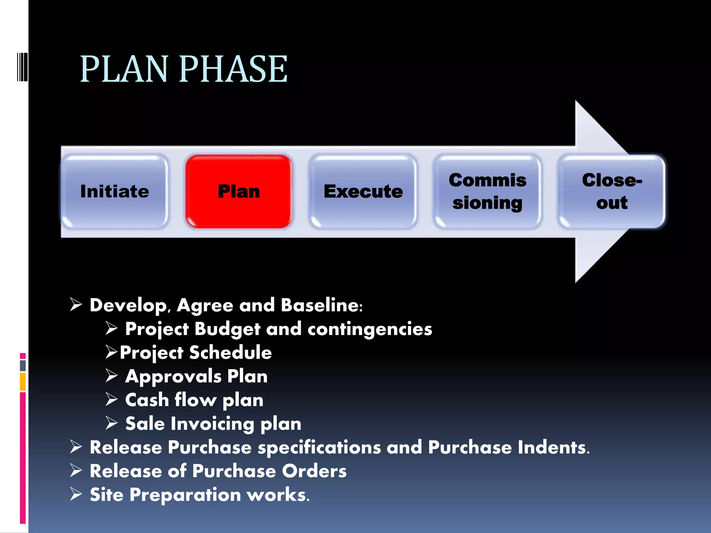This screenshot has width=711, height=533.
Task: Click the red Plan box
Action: click(x=239, y=191)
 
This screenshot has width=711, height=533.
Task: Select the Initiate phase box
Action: click(x=115, y=191)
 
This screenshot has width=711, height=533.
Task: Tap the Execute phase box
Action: click(x=363, y=191)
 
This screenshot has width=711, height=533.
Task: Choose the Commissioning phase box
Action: click(x=487, y=191)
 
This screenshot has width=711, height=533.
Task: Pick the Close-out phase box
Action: click(x=612, y=191)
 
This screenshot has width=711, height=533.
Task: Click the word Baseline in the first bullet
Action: click(x=321, y=305)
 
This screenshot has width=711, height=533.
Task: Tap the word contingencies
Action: click(x=369, y=329)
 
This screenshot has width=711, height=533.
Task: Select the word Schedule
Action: click(x=230, y=353)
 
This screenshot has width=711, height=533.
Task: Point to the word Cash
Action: click(x=147, y=400)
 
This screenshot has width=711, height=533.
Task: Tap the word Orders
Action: click(x=314, y=471)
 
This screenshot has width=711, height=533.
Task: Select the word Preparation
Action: click(x=185, y=495)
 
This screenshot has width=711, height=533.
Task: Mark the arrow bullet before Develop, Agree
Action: click(x=76, y=305)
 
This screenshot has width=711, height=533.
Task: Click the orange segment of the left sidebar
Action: click(x=23, y=381)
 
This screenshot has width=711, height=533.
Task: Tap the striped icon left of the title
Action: click(x=22, y=67)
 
